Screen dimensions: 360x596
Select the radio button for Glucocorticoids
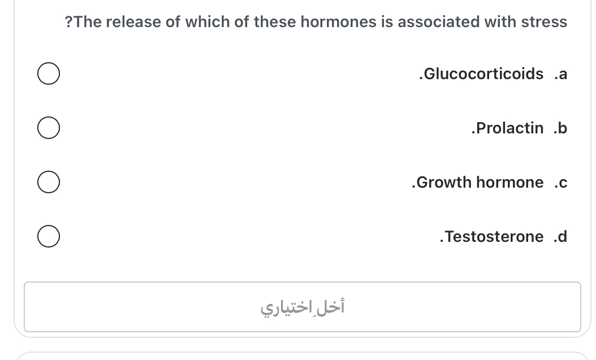click(49, 75)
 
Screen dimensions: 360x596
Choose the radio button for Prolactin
click(49, 128)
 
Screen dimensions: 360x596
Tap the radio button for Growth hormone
click(49, 183)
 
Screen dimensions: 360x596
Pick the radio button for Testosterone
click(49, 237)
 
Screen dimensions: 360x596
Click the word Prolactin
click(509, 128)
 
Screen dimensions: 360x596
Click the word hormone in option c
click(509, 182)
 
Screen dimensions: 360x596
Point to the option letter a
click(562, 74)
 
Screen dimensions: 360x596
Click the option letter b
click(562, 128)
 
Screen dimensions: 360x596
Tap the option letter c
click(562, 182)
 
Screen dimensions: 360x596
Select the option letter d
click(562, 236)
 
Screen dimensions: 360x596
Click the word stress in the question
click(544, 22)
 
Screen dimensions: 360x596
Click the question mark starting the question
click(68, 22)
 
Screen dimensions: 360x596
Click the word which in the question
click(206, 22)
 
